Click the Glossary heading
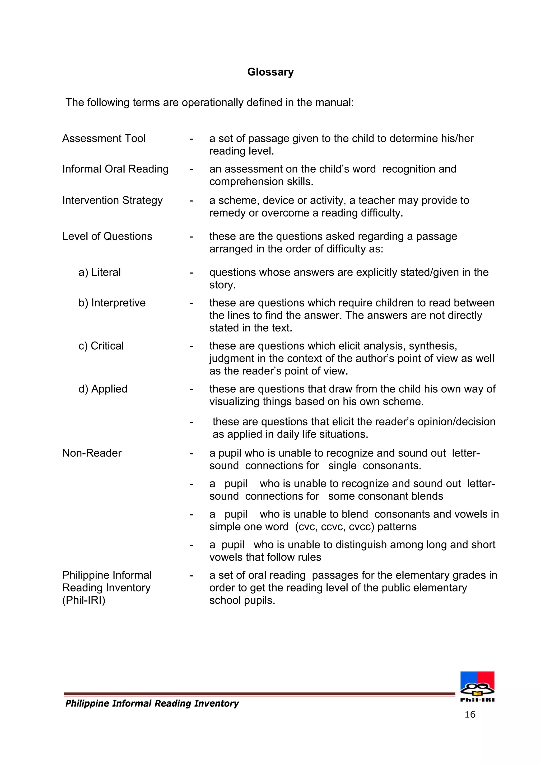tap(270, 72)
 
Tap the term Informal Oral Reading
tap(115, 169)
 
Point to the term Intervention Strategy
tap(112, 200)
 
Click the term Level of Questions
tap(107, 236)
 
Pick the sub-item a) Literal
tap(99, 272)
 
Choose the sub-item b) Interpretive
tap(112, 303)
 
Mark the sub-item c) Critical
tap(101, 346)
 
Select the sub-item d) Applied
tap(103, 389)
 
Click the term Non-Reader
tap(92, 453)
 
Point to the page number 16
tap(470, 714)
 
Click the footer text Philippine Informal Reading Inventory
tap(152, 703)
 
